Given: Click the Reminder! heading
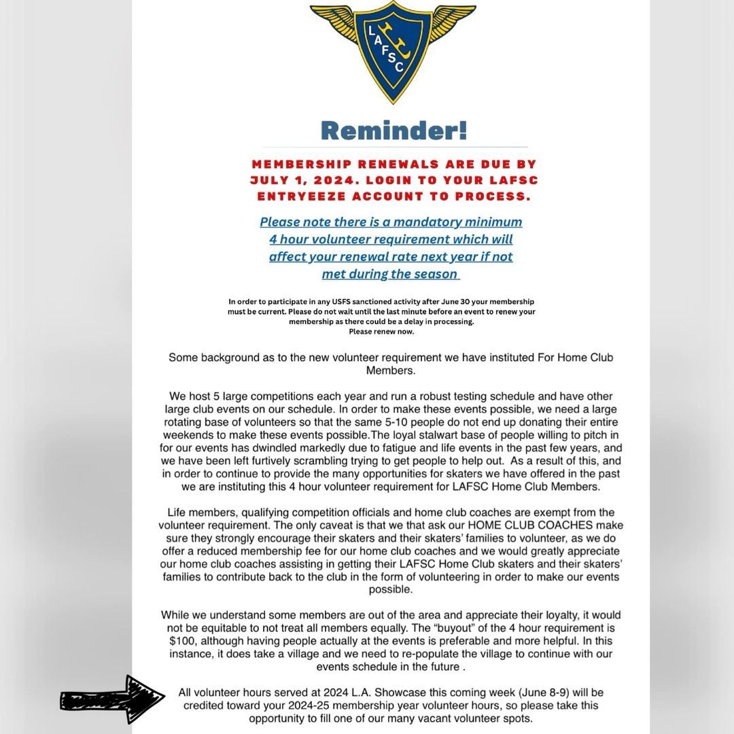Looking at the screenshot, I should pyautogui.click(x=394, y=129).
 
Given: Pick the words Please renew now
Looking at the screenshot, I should pyautogui.click(x=381, y=332).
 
